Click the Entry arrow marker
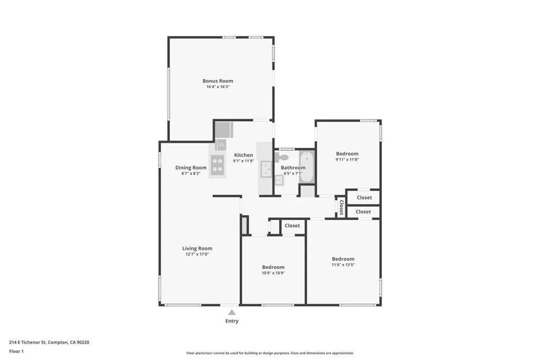tap(232, 312)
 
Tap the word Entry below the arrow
tap(232, 321)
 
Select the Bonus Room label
tap(218, 81)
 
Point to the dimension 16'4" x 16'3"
tap(218, 87)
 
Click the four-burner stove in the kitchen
tap(217, 164)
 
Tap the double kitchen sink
tap(266, 169)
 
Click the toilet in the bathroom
tap(282, 157)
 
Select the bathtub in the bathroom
tap(306, 167)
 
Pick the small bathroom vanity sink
tap(279, 180)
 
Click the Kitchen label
tap(244, 155)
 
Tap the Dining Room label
tap(191, 168)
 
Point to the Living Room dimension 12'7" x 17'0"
tap(197, 255)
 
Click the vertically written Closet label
tap(341, 207)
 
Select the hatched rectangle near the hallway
tap(245, 226)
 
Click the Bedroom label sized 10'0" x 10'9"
tap(274, 267)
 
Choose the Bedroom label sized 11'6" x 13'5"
tap(343, 259)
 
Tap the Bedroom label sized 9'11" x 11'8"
tap(347, 153)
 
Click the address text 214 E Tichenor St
tap(27, 342)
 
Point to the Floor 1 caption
tap(16, 352)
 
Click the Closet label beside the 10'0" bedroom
tap(292, 226)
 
